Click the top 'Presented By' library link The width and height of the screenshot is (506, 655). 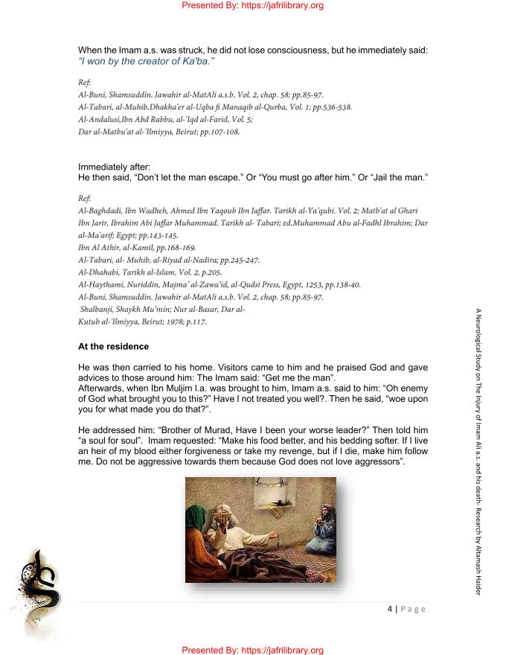click(x=252, y=6)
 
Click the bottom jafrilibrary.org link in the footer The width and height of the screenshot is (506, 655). click(x=252, y=650)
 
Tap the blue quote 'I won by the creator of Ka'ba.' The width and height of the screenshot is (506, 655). click(x=146, y=61)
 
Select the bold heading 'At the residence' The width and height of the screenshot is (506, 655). click(x=113, y=347)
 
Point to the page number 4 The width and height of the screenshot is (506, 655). click(x=390, y=608)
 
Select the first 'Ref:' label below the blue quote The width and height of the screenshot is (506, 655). click(x=84, y=82)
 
